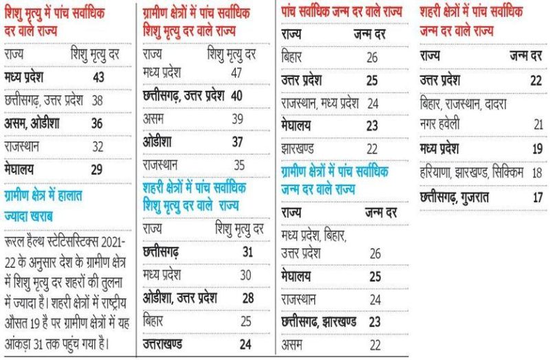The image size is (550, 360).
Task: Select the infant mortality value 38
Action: tap(98, 100)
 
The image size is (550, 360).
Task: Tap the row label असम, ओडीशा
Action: tap(33, 123)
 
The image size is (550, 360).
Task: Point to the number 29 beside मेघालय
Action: tap(98, 168)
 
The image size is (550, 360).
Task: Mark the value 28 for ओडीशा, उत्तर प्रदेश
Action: tap(247, 297)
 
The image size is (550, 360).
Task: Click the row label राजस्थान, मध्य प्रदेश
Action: tap(320, 104)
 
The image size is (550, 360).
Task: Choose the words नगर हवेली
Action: tap(445, 124)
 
